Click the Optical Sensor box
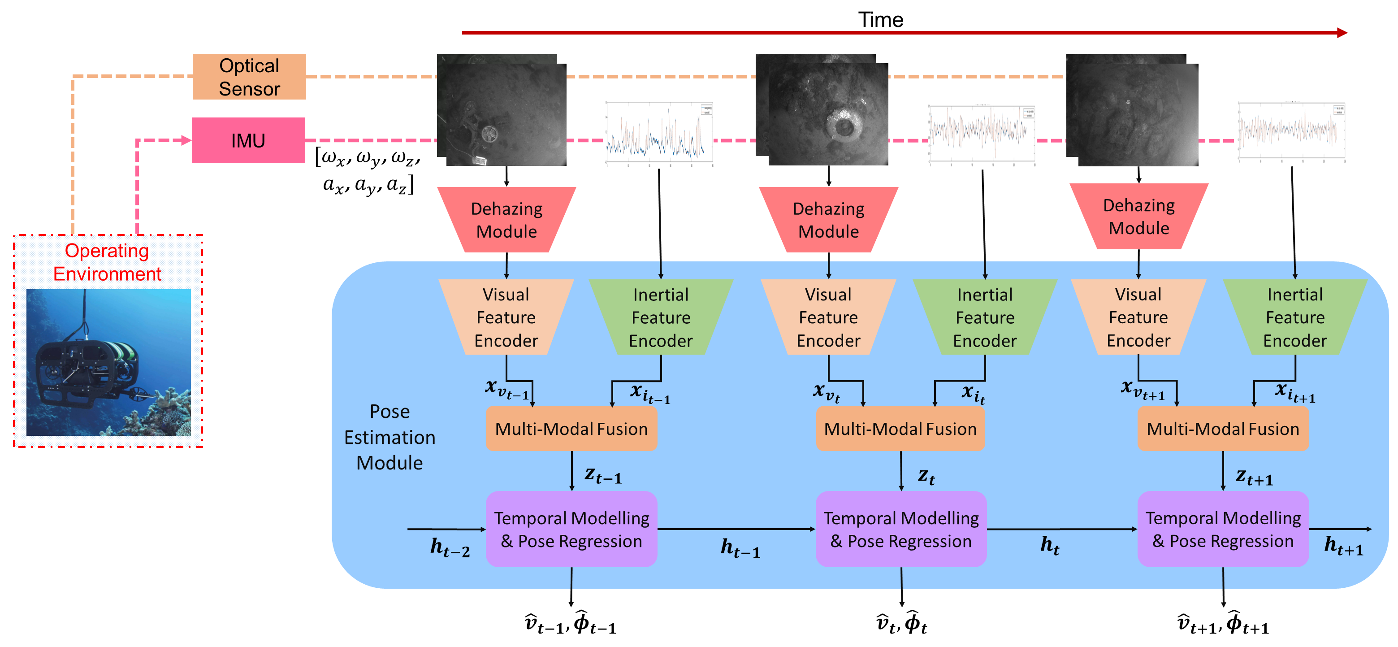(249, 77)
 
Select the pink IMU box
(248, 141)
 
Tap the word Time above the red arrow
(880, 20)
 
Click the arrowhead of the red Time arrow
(1342, 33)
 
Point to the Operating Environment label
(107, 262)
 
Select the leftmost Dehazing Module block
(506, 220)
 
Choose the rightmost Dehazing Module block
(1138, 217)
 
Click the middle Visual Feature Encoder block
(828, 317)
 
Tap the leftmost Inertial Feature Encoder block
(661, 317)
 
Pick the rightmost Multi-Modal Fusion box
(1223, 429)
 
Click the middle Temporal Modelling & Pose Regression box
(901, 529)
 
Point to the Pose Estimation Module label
(390, 437)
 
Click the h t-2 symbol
(450, 547)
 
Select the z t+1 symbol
(1254, 477)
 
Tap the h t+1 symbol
(1343, 545)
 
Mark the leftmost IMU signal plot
(659, 132)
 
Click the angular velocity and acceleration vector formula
(368, 170)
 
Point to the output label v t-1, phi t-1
(571, 624)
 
